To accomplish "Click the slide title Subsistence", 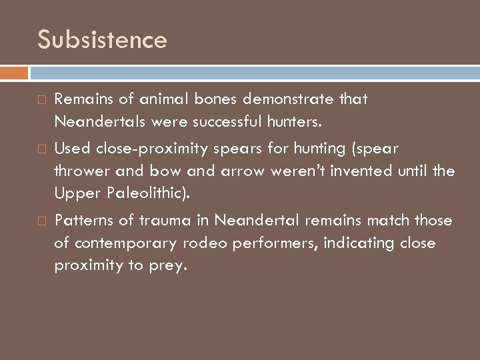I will pos(103,40).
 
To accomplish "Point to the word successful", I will pos(231,122).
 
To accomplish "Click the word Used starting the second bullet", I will pos(70,149).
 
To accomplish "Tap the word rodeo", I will pos(205,243).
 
